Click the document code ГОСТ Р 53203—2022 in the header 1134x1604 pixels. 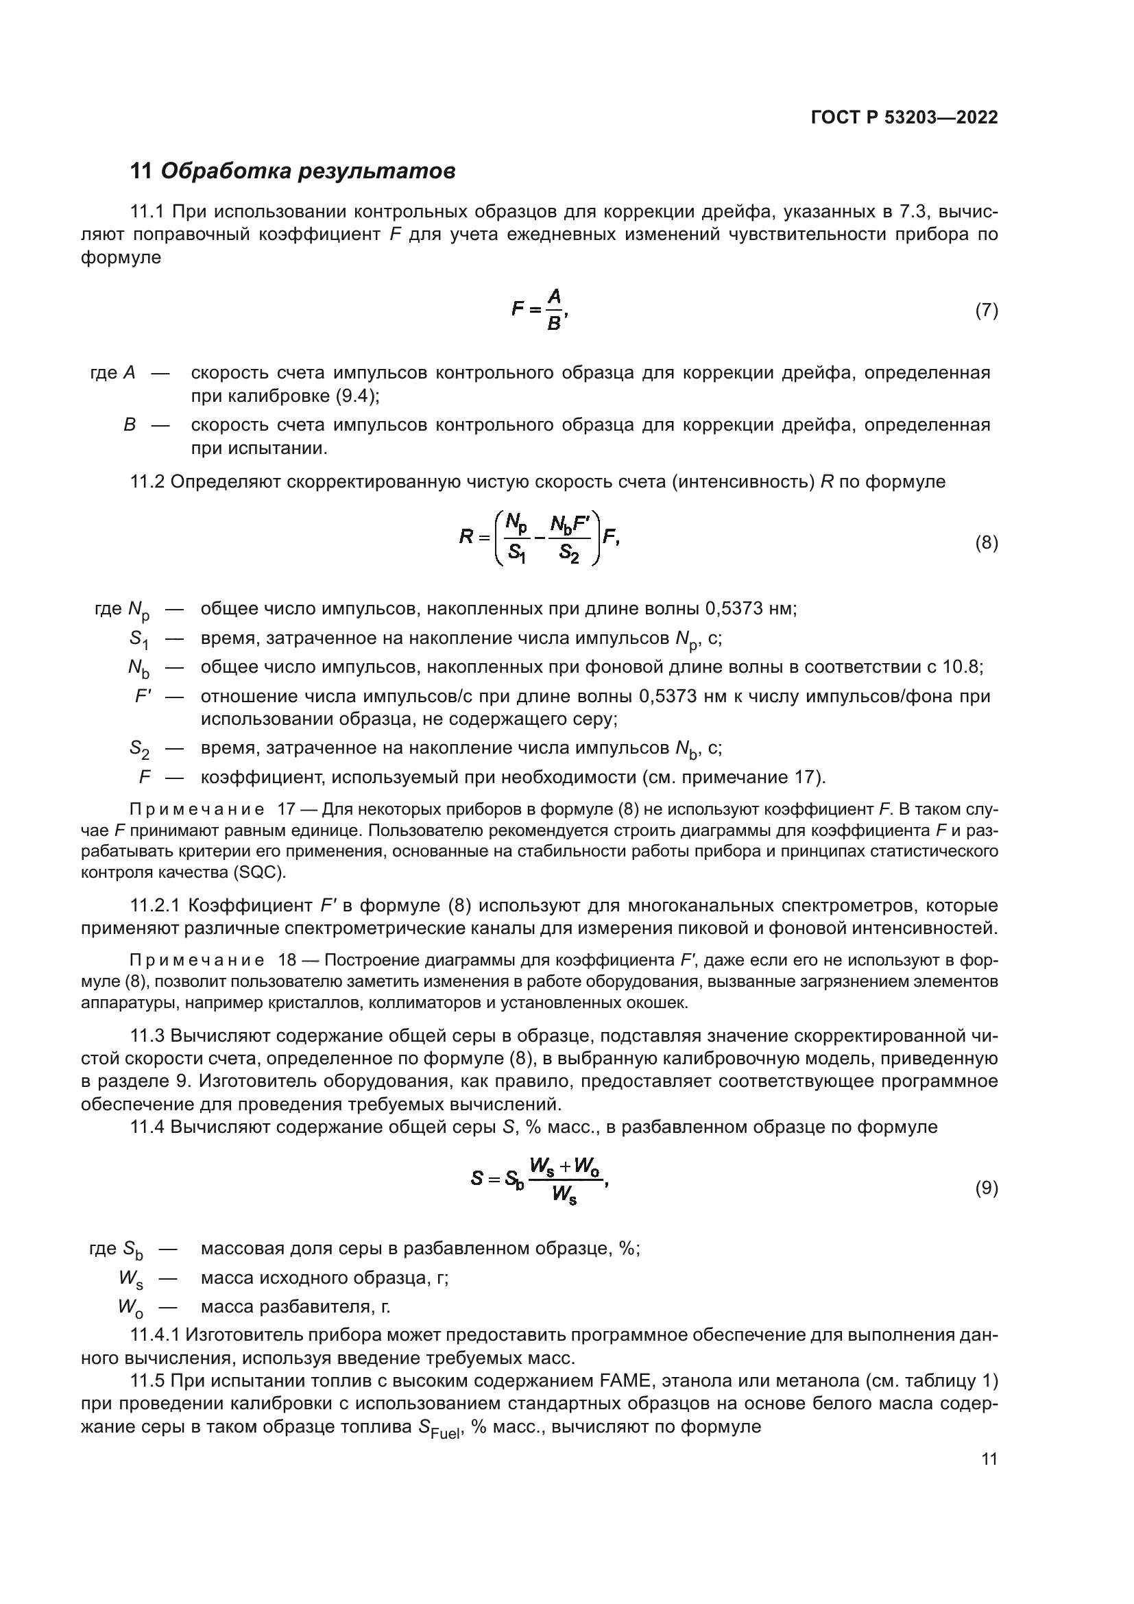click(904, 117)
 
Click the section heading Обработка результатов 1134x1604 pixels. click(308, 171)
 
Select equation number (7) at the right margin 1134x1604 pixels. click(986, 310)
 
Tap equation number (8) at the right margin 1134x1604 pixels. click(986, 543)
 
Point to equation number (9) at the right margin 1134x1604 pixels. click(986, 1188)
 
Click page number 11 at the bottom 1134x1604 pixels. click(989, 1459)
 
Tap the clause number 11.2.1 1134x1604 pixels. click(155, 906)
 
